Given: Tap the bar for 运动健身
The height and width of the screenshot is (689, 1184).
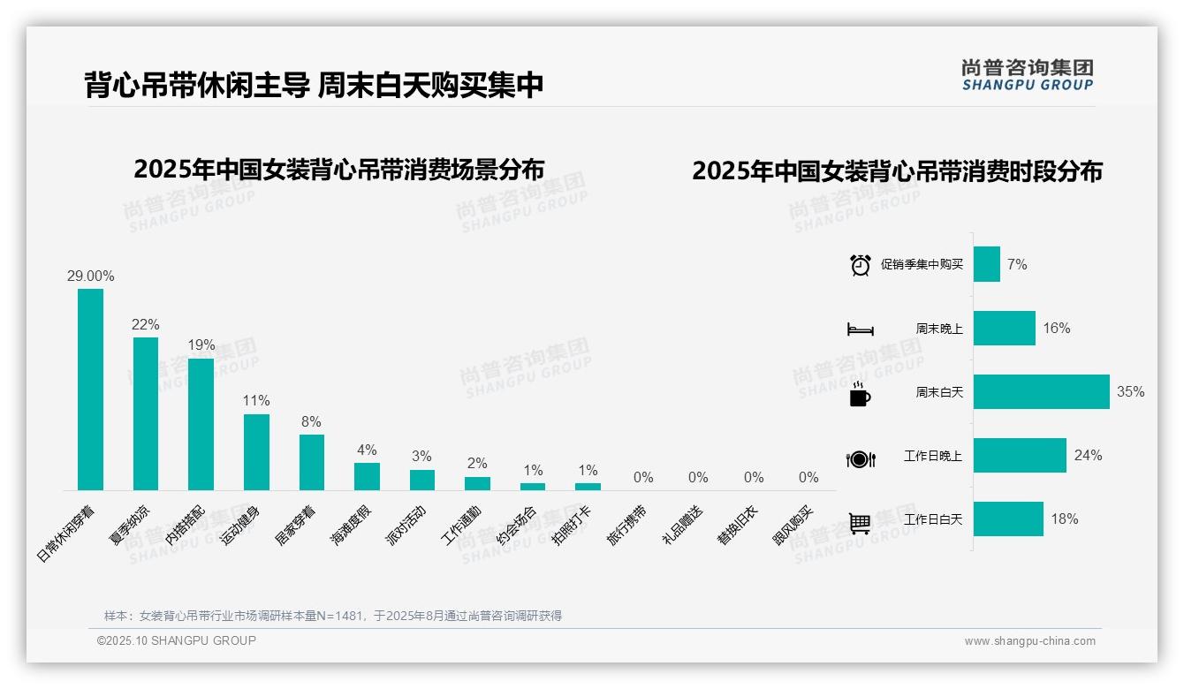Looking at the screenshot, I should [256, 451].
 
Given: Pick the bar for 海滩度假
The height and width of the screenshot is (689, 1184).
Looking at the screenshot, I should [367, 476].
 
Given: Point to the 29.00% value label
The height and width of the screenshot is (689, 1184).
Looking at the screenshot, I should [90, 276].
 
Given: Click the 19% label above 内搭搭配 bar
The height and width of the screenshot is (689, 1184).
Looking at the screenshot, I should [201, 345].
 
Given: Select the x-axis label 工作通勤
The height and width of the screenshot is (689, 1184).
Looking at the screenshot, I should [462, 525].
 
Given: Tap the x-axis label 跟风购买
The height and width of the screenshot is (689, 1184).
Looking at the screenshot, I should [793, 525].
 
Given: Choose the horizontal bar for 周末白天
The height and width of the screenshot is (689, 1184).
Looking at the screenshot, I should [1041, 392].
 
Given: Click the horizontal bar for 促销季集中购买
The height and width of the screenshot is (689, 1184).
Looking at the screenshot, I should [986, 264].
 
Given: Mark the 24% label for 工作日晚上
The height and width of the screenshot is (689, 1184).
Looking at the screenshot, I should [1088, 456].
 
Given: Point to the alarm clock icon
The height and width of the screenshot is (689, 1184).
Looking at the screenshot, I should [860, 265].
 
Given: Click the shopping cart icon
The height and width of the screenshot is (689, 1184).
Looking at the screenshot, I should [860, 523].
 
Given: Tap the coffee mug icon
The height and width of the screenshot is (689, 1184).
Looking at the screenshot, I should [859, 395].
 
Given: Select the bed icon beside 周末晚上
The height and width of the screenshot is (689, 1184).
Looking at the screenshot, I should [860, 329].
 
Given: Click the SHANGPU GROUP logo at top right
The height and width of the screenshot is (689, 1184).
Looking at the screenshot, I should [1027, 75].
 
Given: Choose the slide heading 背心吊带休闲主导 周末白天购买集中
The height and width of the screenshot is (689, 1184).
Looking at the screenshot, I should [314, 85].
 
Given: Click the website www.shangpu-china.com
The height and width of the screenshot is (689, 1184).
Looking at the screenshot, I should [1029, 641].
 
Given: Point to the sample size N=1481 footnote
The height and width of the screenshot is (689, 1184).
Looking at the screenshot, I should [333, 616].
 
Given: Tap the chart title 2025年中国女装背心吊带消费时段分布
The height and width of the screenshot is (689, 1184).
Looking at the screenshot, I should [897, 171].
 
